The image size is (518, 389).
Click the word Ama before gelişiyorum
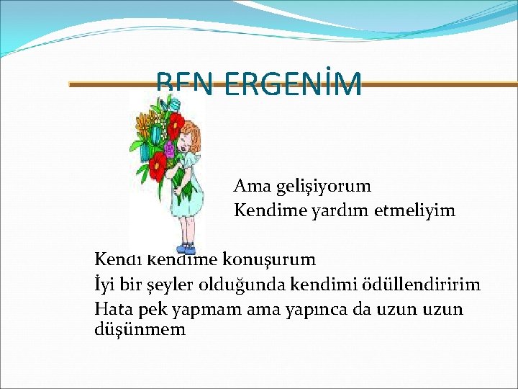click(249, 186)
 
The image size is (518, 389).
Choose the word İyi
click(105, 284)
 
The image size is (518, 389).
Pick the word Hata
click(112, 309)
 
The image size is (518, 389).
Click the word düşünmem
click(140, 330)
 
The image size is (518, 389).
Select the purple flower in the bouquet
click(170, 150)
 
